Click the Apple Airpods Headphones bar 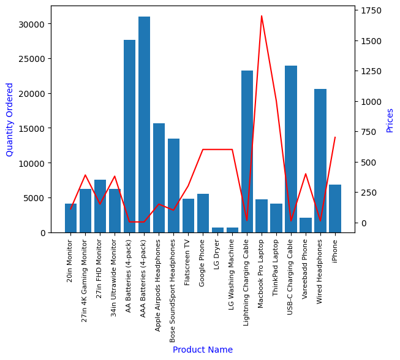pos(159,178)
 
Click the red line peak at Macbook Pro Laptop pos(262,16)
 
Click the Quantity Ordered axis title pos(10,119)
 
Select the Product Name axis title pos(203,350)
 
